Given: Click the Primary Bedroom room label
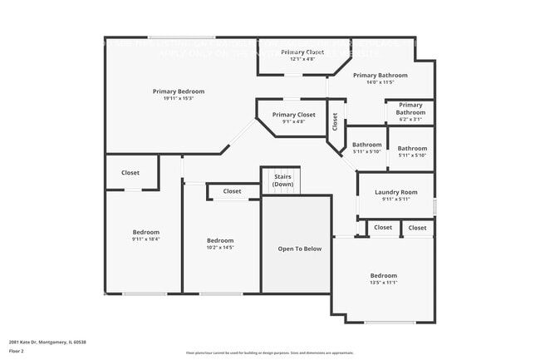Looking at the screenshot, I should tap(178, 91).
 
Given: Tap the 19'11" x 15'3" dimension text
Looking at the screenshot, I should tap(178, 99).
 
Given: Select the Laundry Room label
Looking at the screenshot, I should tap(395, 192).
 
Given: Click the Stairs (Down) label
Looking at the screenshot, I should tap(282, 180).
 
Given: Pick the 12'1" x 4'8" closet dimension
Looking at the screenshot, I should tap(302, 59).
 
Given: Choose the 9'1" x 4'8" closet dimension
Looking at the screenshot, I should tap(293, 121).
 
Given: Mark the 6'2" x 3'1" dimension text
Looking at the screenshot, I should tap(410, 120).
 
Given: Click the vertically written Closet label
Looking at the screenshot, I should tap(335, 122).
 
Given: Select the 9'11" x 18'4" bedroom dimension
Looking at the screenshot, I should tap(145, 239).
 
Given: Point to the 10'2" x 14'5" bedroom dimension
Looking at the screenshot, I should tap(220, 248).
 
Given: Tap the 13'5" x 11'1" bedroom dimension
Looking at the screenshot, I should tap(383, 283).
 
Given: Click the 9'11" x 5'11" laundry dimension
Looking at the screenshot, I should tap(395, 199).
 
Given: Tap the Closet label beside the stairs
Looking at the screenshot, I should tap(232, 191).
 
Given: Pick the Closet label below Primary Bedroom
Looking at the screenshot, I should tap(130, 173).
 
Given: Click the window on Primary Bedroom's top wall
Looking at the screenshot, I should tap(181, 37).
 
